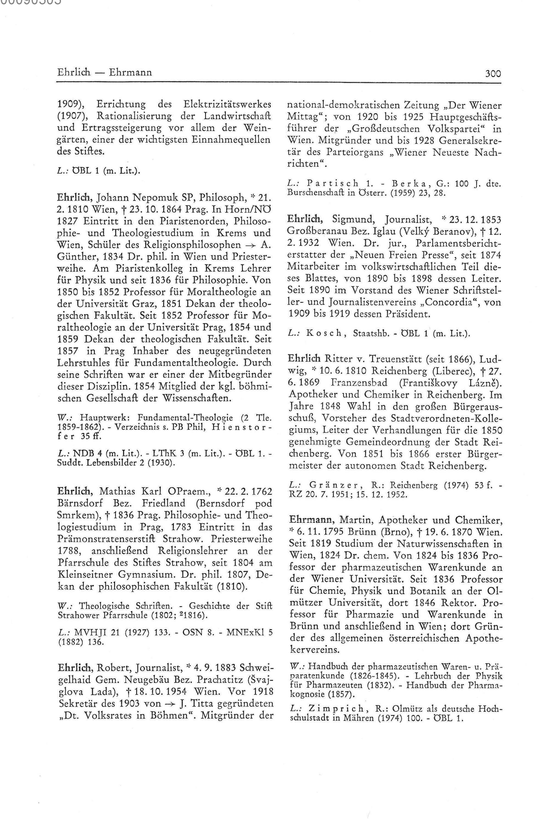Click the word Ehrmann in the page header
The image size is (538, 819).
tap(130, 72)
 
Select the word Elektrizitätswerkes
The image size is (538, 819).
tap(227, 104)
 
